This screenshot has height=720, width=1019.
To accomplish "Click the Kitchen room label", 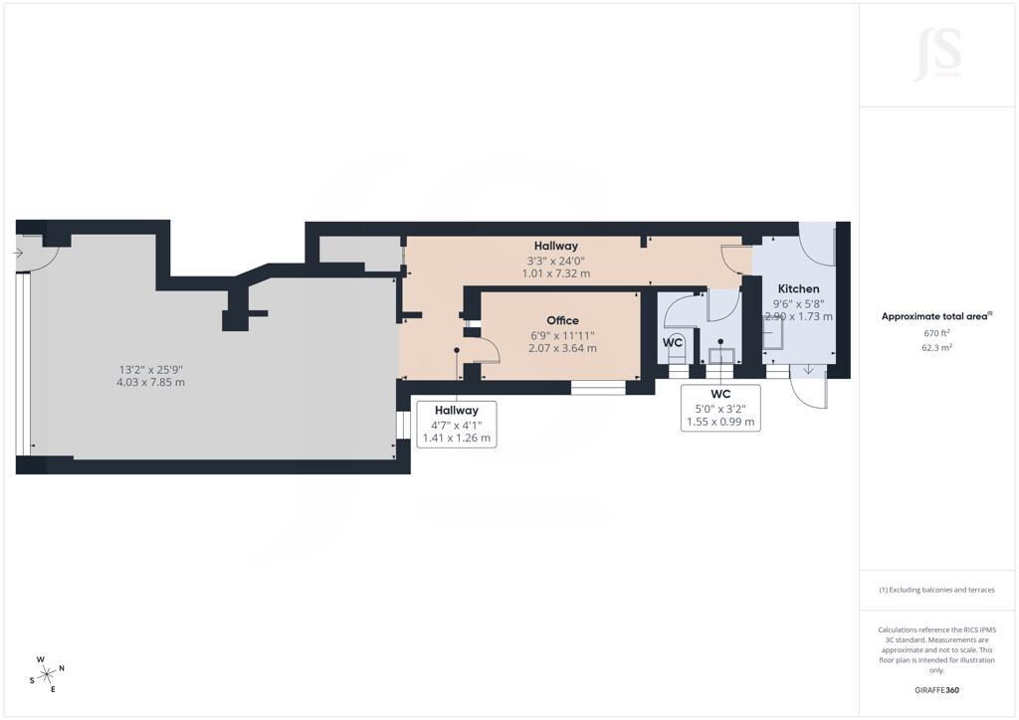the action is point(798,289).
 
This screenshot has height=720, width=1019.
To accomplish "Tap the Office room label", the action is point(563,321).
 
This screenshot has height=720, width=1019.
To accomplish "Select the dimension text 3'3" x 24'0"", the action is point(555,261).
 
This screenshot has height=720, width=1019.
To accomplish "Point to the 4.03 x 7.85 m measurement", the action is point(151,383).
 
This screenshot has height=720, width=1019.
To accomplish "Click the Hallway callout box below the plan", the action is point(456,424).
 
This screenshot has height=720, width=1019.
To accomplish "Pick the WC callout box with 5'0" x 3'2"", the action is point(720,408).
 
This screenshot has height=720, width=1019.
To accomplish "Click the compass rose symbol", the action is point(48,674).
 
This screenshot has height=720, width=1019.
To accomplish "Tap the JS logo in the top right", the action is point(937,55).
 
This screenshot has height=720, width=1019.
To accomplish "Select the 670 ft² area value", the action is point(936,333).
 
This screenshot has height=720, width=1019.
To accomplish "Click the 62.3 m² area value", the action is point(936,347).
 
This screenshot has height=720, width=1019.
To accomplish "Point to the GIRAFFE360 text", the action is point(936,690).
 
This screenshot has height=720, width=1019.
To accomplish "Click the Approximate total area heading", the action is point(936,317).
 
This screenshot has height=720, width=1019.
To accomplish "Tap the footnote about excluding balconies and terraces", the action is point(936,590).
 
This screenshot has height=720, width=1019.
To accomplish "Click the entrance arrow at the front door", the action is point(18,253).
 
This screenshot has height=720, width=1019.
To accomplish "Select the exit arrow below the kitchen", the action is point(808,369).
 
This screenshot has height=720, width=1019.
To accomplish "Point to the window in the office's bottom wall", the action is point(598,388).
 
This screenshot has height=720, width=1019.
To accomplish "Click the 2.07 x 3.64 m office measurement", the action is point(563,348).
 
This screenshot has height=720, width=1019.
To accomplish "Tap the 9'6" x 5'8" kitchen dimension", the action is point(798,304).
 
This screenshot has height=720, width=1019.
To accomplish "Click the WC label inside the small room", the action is point(673,342).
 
